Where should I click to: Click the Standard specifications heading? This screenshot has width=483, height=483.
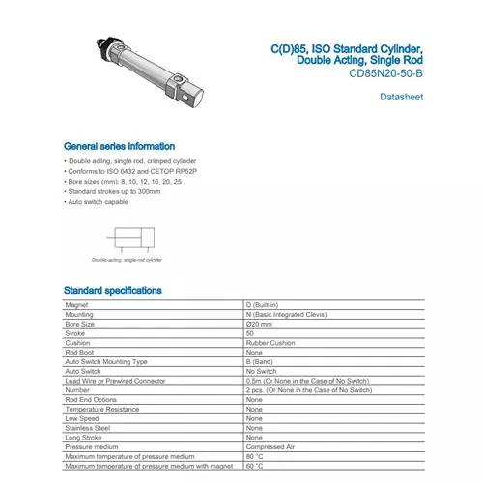112,290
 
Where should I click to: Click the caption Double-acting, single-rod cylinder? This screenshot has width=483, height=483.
127,260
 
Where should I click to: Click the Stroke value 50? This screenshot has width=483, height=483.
250,333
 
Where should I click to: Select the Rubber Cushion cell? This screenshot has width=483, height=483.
268,342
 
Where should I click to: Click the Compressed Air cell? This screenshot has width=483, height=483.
270,446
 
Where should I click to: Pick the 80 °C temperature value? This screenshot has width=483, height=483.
255,456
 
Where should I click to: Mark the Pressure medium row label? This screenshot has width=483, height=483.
92,446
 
